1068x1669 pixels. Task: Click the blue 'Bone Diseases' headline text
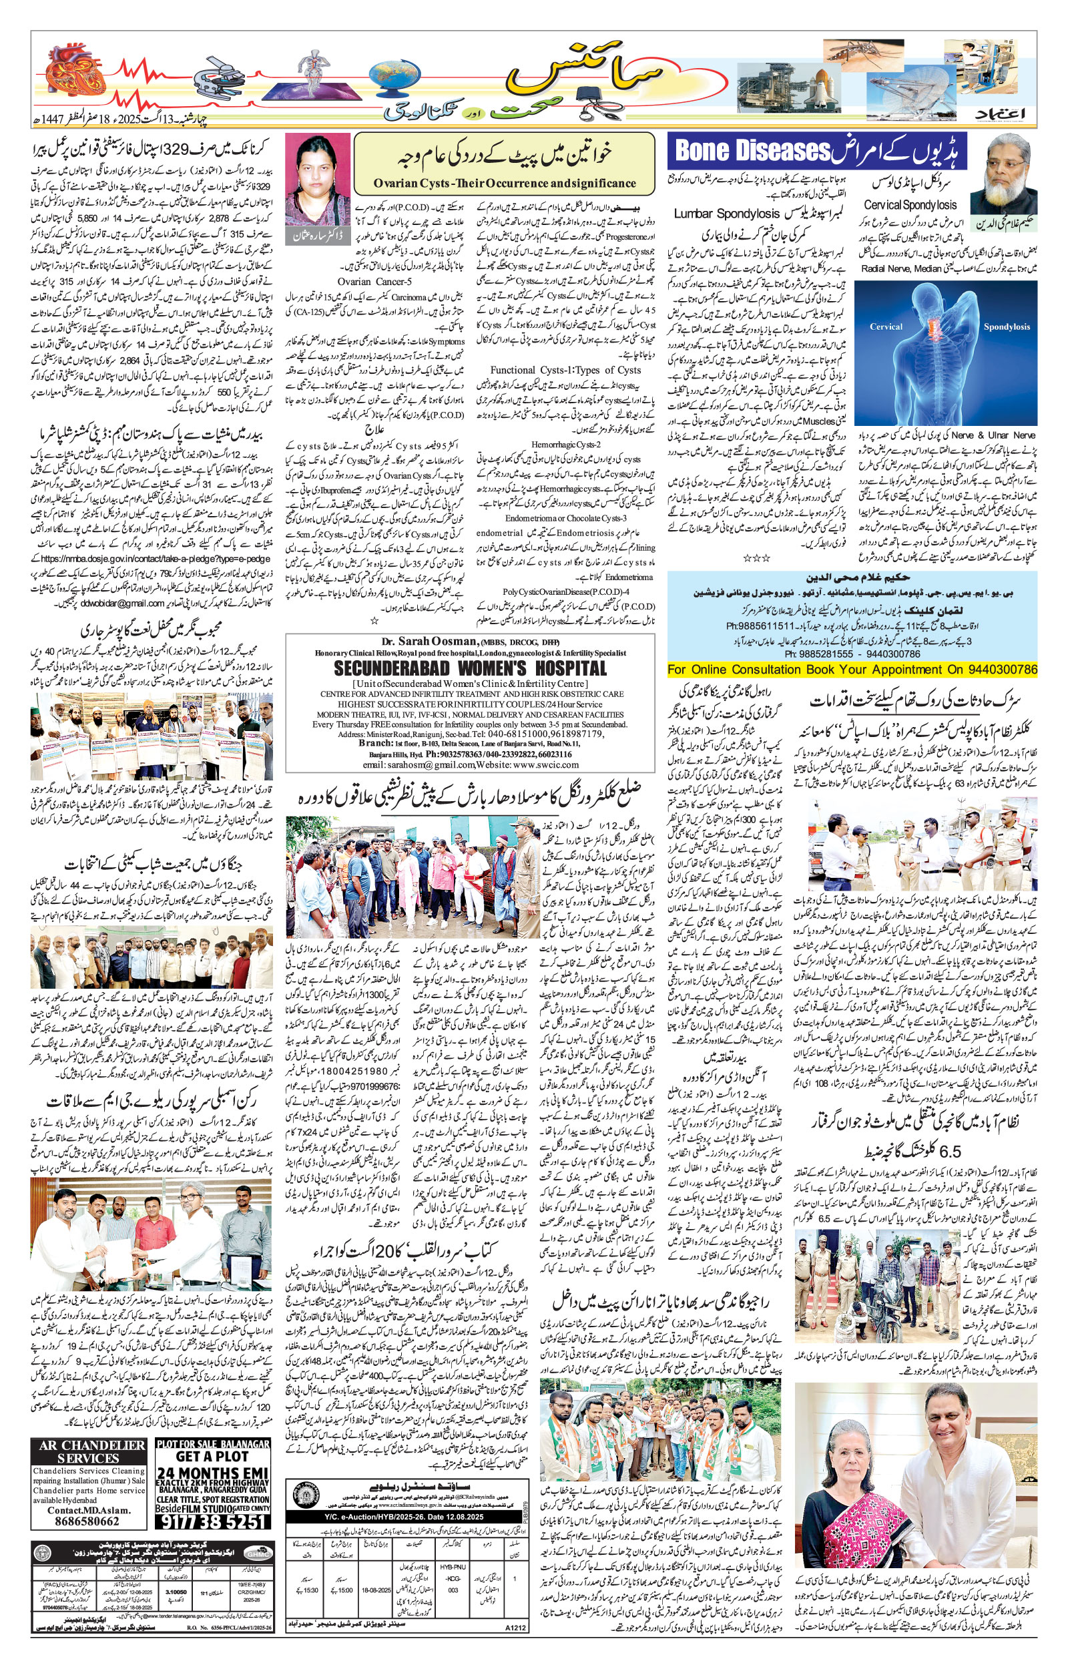pyautogui.click(x=752, y=150)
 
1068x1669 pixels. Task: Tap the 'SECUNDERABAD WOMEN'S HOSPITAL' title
pyautogui.click(x=470, y=668)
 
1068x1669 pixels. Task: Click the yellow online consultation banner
pyautogui.click(x=852, y=669)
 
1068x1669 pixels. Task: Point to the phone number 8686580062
pyautogui.click(x=88, y=1521)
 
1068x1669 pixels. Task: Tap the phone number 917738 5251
pyautogui.click(x=212, y=1520)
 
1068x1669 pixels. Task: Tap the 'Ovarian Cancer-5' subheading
pyautogui.click(x=374, y=282)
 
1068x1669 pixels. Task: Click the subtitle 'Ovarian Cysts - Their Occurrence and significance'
pyautogui.click(x=503, y=183)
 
